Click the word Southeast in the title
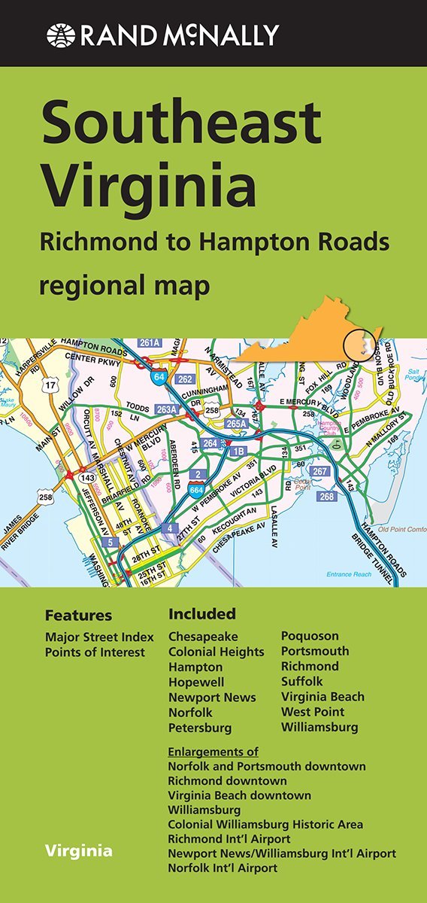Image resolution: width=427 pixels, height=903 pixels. click(x=181, y=124)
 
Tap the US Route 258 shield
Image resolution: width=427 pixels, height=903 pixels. click(x=46, y=497)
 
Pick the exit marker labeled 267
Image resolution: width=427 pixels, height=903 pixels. click(x=320, y=472)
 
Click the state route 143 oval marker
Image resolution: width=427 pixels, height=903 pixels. click(x=88, y=477)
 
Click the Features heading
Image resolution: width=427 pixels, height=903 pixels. click(x=78, y=616)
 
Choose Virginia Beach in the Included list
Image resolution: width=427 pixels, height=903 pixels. click(x=323, y=697)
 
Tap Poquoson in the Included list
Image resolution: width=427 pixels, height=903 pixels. click(x=310, y=636)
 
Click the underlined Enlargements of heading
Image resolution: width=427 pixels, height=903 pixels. click(x=214, y=752)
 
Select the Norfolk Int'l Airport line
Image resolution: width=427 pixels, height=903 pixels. click(x=223, y=868)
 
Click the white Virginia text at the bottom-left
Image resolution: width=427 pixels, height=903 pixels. click(x=78, y=852)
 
